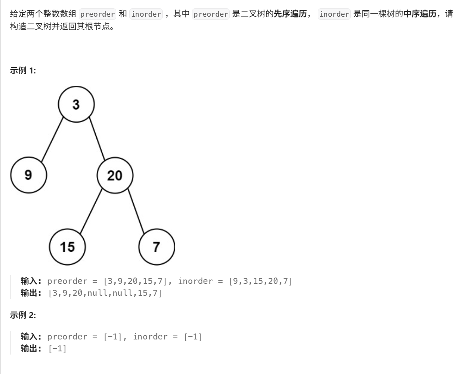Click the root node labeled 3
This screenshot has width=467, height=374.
pyautogui.click(x=76, y=104)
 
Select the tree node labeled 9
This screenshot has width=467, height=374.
pyautogui.click(x=29, y=175)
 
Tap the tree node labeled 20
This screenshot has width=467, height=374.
pyautogui.click(x=115, y=175)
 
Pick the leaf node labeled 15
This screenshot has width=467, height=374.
pyautogui.click(x=67, y=247)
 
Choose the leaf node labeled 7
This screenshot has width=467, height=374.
pyautogui.click(x=156, y=247)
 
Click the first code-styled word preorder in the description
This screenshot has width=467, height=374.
pyautogui.click(x=98, y=14)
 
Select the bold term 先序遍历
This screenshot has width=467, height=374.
pyautogui.click(x=290, y=14)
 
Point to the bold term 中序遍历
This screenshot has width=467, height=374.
pyautogui.click(x=419, y=14)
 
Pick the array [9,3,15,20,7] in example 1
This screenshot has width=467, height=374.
pyautogui.click(x=260, y=281)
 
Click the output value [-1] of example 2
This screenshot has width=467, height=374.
pyautogui.click(x=58, y=349)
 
